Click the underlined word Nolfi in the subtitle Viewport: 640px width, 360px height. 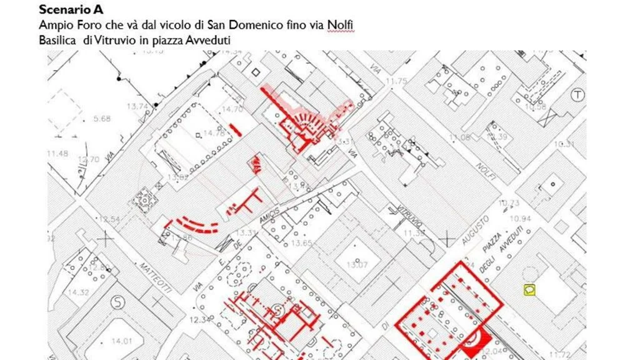coord(341,25)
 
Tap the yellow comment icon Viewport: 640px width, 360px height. coord(529,289)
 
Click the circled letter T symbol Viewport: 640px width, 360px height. coord(579,95)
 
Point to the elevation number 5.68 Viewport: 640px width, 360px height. coord(101,119)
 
